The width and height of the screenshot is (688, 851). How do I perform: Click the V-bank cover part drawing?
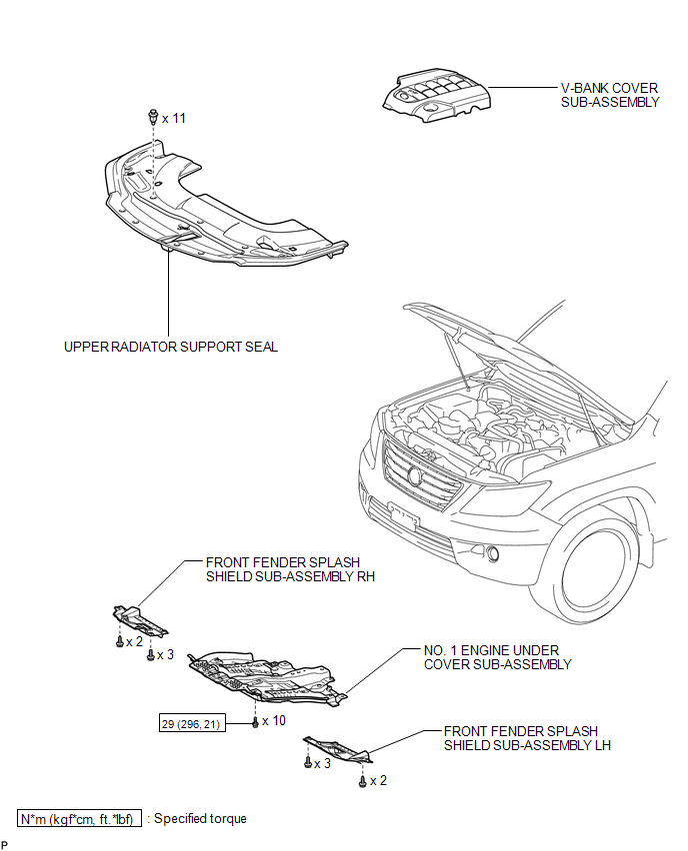pyautogui.click(x=437, y=96)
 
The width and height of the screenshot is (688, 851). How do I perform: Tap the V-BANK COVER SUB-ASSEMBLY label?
pyautogui.click(x=610, y=95)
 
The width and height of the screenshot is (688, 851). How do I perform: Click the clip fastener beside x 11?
pyautogui.click(x=153, y=116)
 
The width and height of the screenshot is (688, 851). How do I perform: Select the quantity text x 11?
pyautogui.click(x=174, y=118)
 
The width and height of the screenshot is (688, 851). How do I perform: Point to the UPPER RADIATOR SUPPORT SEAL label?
pyautogui.click(x=171, y=347)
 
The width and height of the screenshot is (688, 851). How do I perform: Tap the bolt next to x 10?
pyautogui.click(x=255, y=722)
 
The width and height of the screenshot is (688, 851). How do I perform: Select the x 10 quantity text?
pyautogui.click(x=273, y=721)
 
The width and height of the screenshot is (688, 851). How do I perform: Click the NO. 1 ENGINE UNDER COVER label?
pyautogui.click(x=497, y=657)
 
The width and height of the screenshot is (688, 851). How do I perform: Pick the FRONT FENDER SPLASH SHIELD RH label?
pyautogui.click(x=290, y=569)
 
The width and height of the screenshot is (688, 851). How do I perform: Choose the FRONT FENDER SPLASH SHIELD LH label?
pyautogui.click(x=527, y=738)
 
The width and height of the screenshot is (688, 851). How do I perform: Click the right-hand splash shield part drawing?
pyautogui.click(x=140, y=620)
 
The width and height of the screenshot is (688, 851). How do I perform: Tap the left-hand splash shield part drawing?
pyautogui.click(x=337, y=749)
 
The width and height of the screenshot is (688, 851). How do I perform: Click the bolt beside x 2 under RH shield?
pyautogui.click(x=120, y=642)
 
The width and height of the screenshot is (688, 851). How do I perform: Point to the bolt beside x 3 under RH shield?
pyautogui.click(x=151, y=655)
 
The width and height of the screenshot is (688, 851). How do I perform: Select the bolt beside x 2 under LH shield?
pyautogui.click(x=363, y=781)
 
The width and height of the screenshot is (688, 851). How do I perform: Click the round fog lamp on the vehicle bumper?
pyautogui.click(x=493, y=553)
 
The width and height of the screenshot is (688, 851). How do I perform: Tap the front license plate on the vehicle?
pyautogui.click(x=404, y=516)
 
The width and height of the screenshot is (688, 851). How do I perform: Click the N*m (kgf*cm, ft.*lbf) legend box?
pyautogui.click(x=79, y=818)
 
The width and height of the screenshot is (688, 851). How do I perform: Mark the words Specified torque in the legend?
pyautogui.click(x=200, y=818)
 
